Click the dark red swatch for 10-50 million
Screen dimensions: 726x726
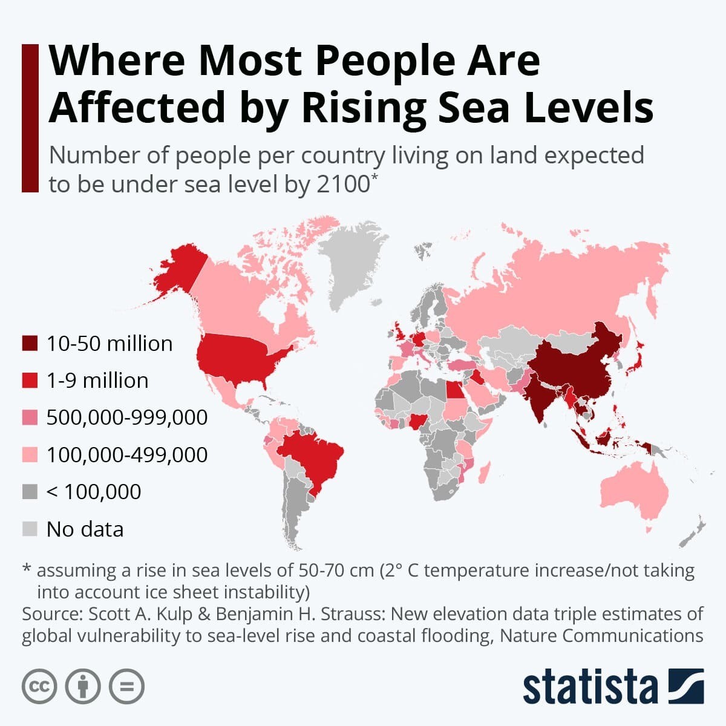30,344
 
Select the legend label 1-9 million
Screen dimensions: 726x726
97,381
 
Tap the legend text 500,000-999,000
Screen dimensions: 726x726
127,417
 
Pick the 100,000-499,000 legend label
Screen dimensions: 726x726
127,454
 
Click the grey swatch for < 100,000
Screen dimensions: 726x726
30,491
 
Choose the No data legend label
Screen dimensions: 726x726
85,529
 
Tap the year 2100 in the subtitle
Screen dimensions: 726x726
342,184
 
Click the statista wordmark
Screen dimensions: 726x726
590,687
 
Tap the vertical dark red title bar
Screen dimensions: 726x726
30,118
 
